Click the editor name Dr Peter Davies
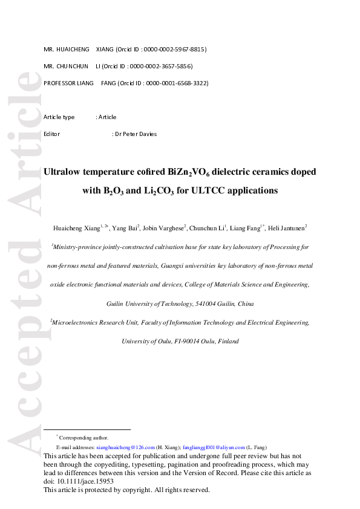pyautogui.click(x=136, y=134)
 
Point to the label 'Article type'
pyautogui.click(x=59, y=117)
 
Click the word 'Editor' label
pyautogui.click(x=52, y=134)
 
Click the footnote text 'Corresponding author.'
pyautogui.click(x=84, y=437)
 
